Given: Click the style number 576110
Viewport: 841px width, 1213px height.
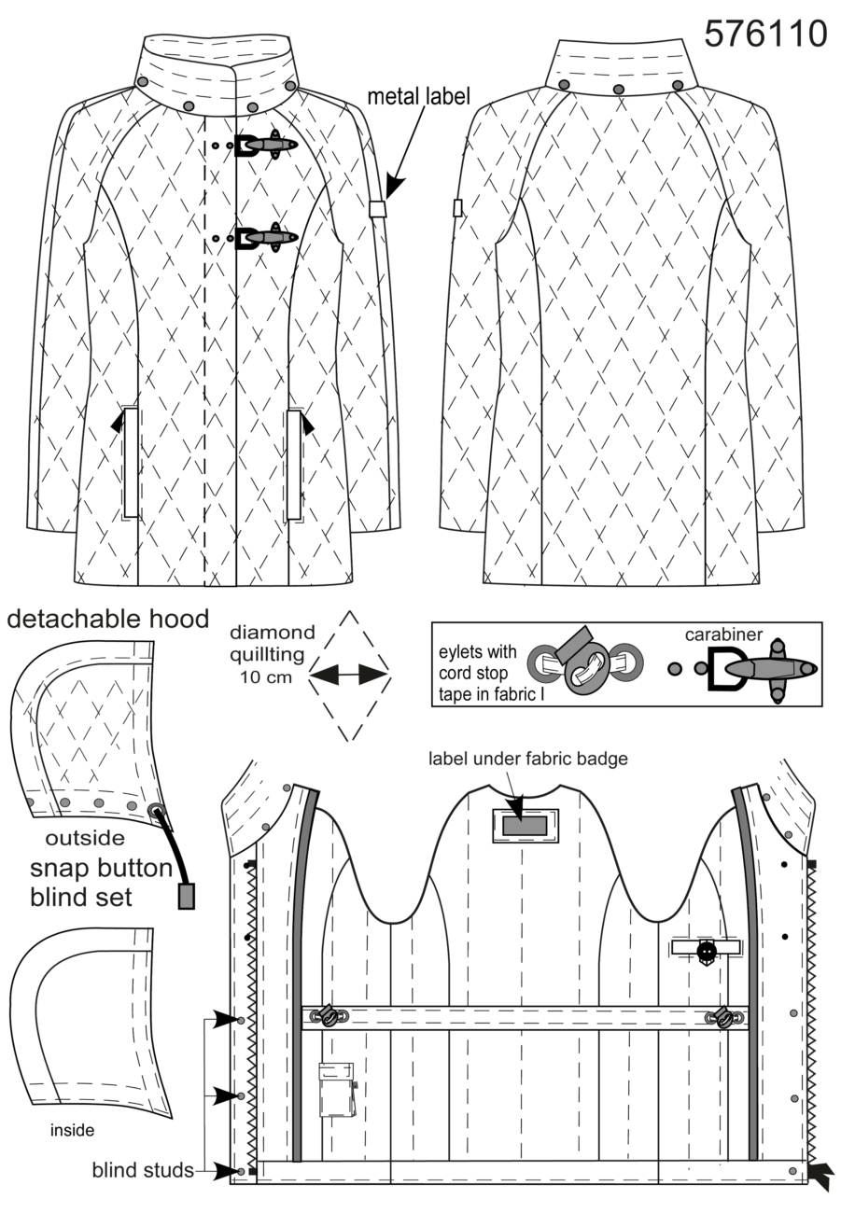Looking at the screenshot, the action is tap(765, 34).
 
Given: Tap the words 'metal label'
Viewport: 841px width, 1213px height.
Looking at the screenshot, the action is tap(418, 96).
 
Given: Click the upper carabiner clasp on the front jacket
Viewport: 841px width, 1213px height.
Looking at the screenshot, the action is tap(266, 145).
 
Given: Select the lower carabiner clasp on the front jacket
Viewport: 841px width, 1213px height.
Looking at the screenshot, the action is tap(266, 238).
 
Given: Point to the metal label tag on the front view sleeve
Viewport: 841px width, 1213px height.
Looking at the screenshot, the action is tap(376, 209).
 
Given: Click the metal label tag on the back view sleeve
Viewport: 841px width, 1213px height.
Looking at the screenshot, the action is tap(457, 208).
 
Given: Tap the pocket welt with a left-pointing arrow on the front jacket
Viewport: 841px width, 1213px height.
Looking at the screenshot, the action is tap(130, 463).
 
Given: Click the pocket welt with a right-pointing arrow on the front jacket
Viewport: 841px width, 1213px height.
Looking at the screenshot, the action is tap(294, 464).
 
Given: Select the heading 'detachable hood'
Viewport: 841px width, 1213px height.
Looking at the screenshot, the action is tap(108, 619).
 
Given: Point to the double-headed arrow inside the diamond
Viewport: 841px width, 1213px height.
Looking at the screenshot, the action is tap(349, 675).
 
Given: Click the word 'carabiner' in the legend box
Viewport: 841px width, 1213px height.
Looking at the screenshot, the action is tap(723, 634).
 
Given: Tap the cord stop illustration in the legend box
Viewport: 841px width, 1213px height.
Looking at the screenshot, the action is tap(585, 662).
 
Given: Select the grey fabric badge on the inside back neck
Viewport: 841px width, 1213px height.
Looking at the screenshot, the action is tap(525, 825).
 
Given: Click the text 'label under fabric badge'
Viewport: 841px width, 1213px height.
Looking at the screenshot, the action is tap(527, 759).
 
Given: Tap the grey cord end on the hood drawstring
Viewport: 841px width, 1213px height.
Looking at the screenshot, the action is tap(186, 896).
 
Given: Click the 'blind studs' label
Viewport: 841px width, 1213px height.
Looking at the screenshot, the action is tap(143, 1170).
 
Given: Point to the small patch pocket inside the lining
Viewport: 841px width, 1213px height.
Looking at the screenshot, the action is tap(337, 1090).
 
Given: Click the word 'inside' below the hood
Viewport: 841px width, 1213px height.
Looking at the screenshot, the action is tap(72, 1130).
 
